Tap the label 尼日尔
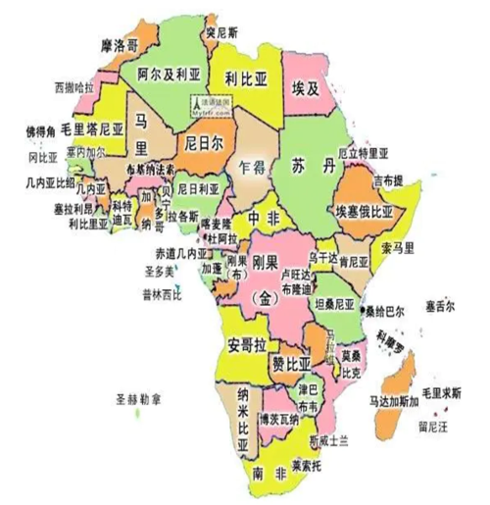(x=203, y=141)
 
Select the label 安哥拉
(x=246, y=344)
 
